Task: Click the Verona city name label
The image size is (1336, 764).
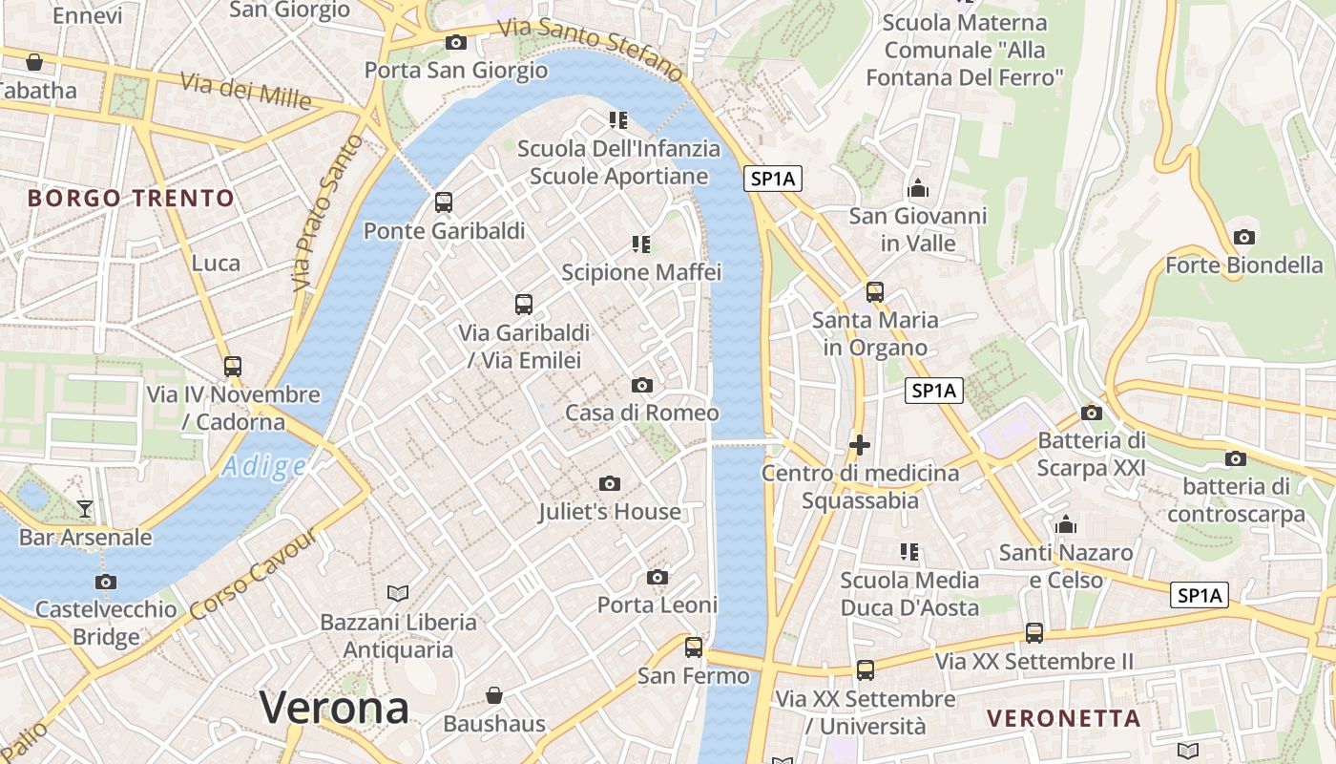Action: [334, 708]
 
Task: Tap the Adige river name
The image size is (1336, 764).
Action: [264, 467]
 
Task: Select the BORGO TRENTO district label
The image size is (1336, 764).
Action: [131, 199]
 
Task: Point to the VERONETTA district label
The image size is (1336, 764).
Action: [1063, 718]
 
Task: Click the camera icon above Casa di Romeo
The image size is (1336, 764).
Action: [642, 385]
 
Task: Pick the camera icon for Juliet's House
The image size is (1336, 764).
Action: [610, 484]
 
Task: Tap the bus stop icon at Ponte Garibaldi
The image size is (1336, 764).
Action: [444, 202]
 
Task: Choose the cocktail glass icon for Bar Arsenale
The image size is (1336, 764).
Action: [85, 508]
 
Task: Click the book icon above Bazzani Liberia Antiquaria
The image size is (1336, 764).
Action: [398, 593]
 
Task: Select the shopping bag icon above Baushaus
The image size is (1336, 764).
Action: [494, 694]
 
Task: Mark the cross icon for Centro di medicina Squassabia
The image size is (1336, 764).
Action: [860, 445]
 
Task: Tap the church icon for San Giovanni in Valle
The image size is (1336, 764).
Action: [918, 188]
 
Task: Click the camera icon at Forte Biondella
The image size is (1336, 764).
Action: [1243, 237]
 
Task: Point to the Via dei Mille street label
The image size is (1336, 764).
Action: [245, 92]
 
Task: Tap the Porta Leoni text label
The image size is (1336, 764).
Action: [657, 605]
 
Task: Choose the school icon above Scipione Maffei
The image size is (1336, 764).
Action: [641, 244]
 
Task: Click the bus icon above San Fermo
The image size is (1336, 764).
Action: [694, 647]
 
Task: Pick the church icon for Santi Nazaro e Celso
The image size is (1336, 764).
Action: [1066, 524]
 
